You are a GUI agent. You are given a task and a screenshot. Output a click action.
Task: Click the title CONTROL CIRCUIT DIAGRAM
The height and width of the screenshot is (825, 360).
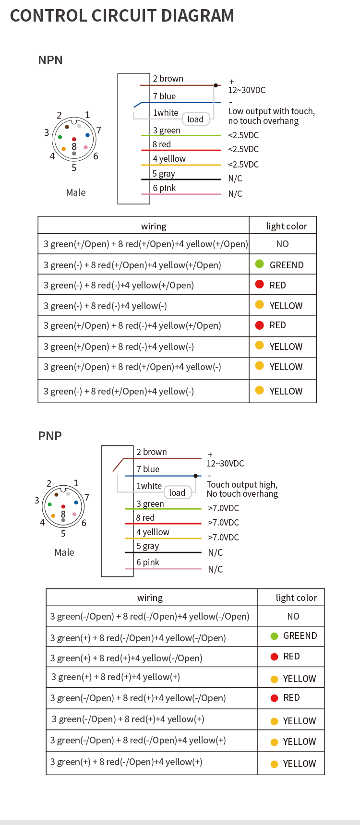click(x=122, y=16)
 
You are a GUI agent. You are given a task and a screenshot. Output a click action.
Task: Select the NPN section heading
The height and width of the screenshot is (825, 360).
click(x=50, y=60)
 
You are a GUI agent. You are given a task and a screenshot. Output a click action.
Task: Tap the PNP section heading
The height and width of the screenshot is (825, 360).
click(x=50, y=436)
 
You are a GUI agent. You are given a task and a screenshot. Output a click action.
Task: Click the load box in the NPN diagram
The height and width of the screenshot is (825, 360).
click(x=195, y=119)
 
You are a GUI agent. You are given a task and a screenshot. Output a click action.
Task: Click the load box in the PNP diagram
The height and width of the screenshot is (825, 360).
click(x=177, y=492)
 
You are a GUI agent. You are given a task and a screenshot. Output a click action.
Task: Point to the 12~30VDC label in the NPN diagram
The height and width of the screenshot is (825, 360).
click(x=247, y=90)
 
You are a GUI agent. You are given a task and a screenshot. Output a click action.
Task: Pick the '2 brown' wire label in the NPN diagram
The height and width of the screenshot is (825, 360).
click(x=168, y=79)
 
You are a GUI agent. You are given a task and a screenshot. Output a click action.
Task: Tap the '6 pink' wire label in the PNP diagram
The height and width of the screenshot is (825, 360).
click(x=148, y=562)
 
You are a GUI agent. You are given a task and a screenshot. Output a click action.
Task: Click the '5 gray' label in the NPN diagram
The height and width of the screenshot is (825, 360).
click(x=164, y=174)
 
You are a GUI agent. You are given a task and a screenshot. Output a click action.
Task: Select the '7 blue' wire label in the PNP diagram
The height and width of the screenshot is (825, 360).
click(x=148, y=469)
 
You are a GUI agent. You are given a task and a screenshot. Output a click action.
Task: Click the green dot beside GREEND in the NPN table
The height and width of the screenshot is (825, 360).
click(x=260, y=263)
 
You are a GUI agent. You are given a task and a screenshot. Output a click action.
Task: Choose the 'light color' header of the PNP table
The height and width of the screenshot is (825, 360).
click(x=296, y=598)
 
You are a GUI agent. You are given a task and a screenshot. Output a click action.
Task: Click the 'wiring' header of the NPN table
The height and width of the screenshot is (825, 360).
click(x=154, y=226)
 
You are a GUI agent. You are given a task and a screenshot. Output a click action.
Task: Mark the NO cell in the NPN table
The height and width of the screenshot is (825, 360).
click(x=282, y=244)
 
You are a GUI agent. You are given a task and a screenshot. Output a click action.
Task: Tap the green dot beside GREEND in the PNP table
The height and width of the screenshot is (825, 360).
click(x=274, y=636)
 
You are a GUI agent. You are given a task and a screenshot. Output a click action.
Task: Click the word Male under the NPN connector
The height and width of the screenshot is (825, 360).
click(x=76, y=192)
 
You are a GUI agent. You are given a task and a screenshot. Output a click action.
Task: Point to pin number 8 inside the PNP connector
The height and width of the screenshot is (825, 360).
click(x=63, y=514)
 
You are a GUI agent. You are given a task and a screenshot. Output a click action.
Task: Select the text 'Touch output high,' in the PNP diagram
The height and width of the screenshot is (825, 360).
click(x=242, y=485)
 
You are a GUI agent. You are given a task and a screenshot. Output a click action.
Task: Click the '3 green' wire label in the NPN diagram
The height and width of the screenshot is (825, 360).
click(x=167, y=131)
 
